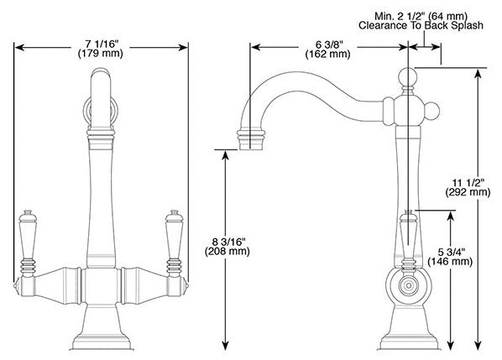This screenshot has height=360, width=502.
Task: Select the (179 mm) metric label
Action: (x=101, y=53)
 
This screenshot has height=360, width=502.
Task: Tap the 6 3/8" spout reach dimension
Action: (x=328, y=44)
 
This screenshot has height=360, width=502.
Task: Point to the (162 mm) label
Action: (x=328, y=54)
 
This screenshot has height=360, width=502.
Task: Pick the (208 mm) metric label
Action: (x=227, y=251)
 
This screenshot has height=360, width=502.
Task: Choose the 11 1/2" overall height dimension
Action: (x=468, y=182)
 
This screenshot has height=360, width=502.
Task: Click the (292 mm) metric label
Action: (x=468, y=192)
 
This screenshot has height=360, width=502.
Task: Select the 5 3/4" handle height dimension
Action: (x=451, y=252)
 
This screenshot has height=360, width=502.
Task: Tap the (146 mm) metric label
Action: (x=450, y=262)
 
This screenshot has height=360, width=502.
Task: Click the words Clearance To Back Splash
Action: (x=421, y=26)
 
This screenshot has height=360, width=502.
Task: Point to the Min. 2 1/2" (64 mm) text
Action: (x=421, y=16)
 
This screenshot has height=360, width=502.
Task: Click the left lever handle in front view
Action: (x=28, y=243)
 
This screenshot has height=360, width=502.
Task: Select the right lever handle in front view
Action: (x=174, y=243)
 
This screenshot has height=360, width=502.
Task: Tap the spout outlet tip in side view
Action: (x=251, y=138)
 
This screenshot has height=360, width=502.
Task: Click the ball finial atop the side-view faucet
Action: (x=408, y=77)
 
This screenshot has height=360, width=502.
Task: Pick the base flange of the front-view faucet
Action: (x=102, y=342)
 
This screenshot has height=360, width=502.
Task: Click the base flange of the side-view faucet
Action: (x=409, y=342)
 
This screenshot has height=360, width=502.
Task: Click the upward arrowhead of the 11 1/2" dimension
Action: (x=478, y=74)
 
